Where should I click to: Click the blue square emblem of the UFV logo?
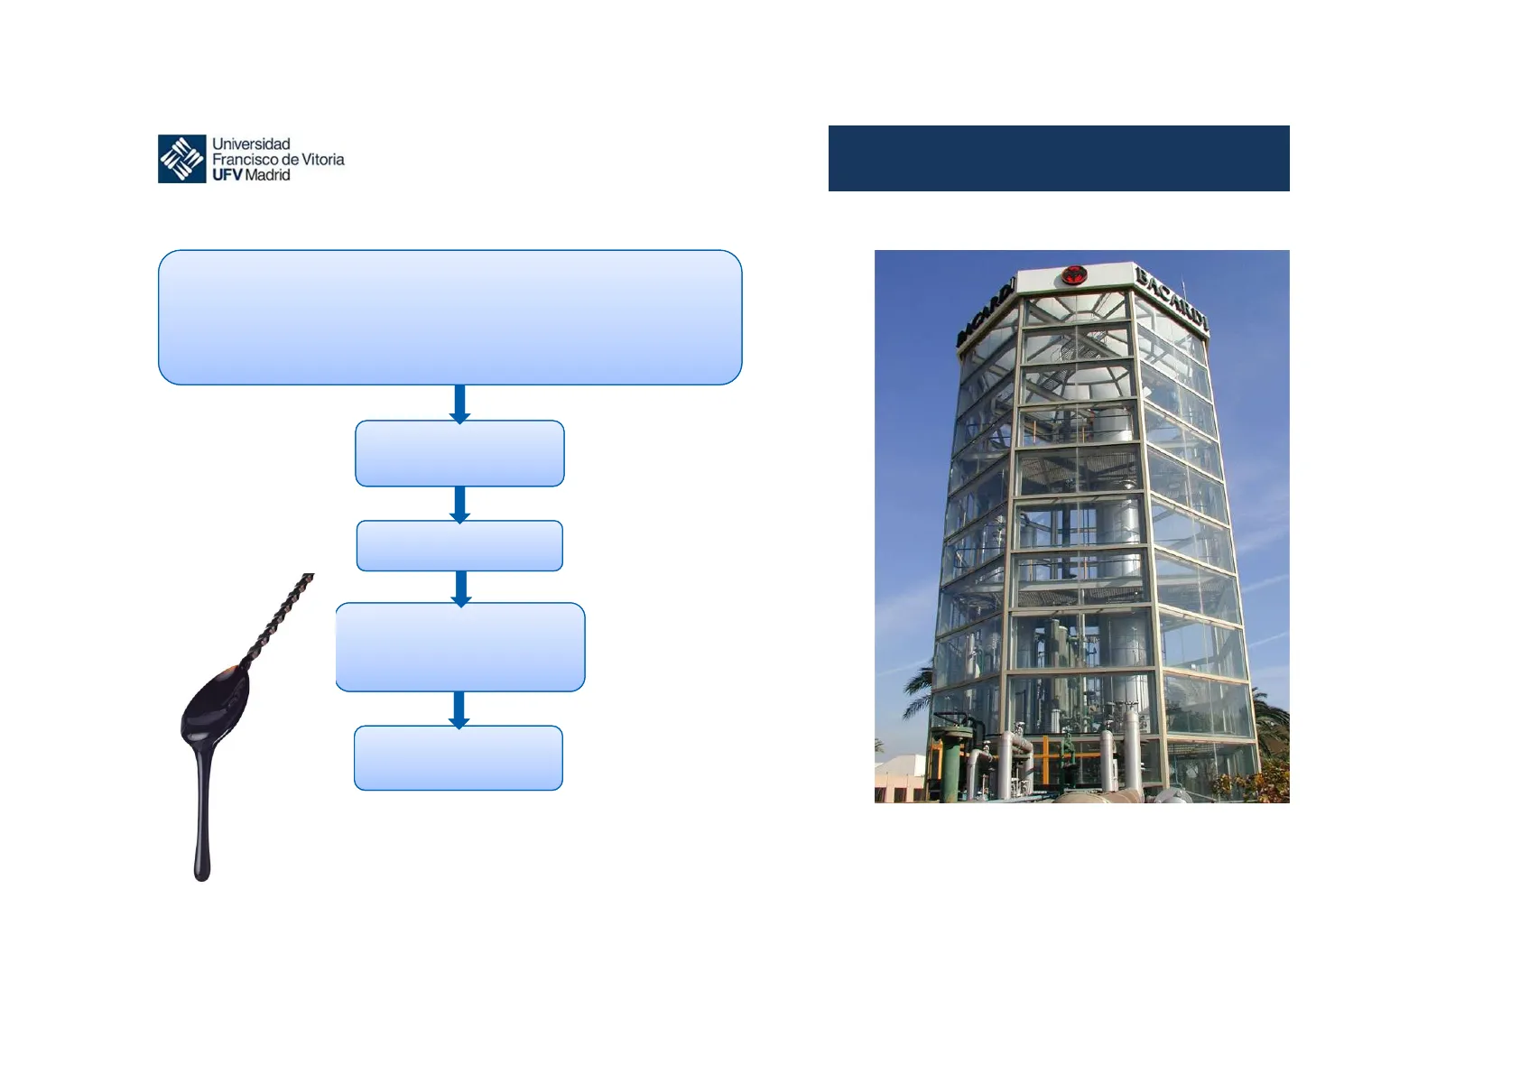[x=181, y=159]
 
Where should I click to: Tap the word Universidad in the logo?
[x=251, y=144]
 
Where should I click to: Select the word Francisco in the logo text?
[x=245, y=160]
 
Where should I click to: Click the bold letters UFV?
[x=227, y=175]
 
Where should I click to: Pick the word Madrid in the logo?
[x=267, y=175]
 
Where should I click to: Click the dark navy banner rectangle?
[x=1059, y=158]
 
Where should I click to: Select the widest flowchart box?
[x=450, y=318]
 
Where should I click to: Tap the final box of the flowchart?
[x=459, y=758]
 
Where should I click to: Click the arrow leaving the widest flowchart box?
[x=459, y=403]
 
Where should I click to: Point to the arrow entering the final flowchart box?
[x=459, y=709]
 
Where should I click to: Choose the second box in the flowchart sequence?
[x=459, y=453]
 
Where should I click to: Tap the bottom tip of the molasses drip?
[x=201, y=878]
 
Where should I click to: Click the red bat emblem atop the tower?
[x=1074, y=275]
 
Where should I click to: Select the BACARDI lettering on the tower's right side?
[x=1172, y=300]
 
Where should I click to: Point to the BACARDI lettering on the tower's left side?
[x=986, y=313]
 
